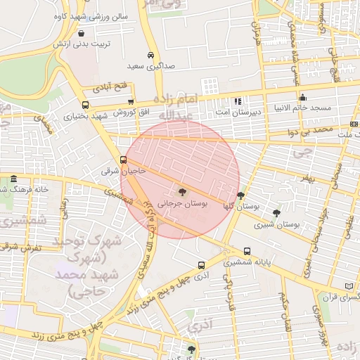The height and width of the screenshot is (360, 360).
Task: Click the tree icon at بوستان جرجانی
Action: [184, 191]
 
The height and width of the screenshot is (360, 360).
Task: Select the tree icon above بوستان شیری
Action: [276, 212]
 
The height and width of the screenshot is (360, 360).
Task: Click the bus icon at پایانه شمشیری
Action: [247, 251]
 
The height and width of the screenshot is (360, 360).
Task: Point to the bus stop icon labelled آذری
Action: [202, 266]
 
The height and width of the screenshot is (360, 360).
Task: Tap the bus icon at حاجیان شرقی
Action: [124, 160]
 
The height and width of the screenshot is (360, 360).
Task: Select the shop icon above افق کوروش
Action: [131, 102]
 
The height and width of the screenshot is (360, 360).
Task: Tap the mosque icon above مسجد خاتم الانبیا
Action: [302, 98]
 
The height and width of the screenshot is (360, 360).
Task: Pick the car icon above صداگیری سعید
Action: [150, 55]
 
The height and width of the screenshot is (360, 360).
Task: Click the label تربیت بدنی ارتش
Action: [81, 44]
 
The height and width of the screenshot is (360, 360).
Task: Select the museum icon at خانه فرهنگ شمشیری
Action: [14, 179]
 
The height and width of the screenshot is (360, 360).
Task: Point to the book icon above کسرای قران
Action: [349, 286]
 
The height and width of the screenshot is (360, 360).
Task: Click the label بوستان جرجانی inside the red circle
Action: [184, 202]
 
